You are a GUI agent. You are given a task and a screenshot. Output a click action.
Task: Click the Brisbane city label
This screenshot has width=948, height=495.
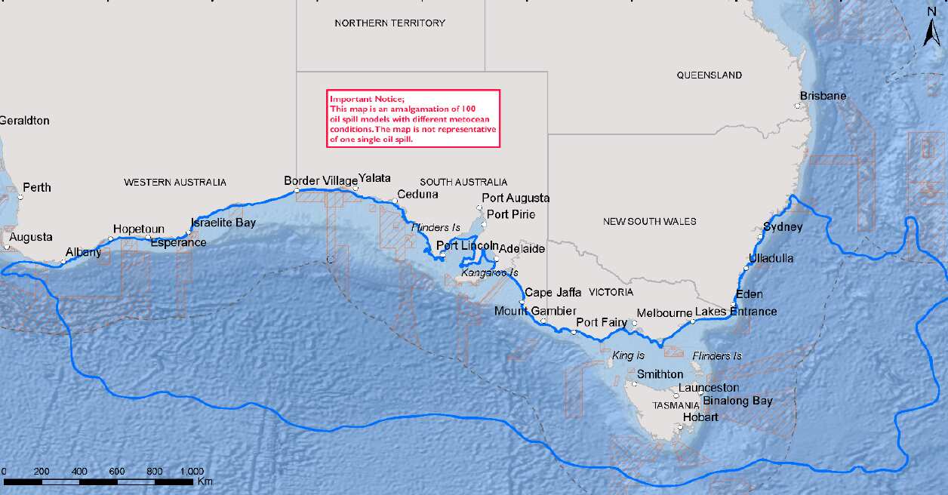[823, 96]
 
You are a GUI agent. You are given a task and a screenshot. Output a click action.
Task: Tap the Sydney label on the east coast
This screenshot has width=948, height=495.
[783, 226]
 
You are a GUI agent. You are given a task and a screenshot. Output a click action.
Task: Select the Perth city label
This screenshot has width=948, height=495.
[37, 187]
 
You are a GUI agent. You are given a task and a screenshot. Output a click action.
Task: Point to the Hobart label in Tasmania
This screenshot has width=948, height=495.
[700, 417]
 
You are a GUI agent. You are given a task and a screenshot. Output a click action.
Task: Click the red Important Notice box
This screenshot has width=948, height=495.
[414, 118]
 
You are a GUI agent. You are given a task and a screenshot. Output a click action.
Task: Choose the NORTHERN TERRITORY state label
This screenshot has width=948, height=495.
[389, 23]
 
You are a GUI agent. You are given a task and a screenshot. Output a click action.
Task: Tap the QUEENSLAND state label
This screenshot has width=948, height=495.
[709, 75]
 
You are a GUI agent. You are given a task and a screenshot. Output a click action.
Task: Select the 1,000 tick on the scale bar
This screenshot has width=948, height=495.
[192, 471]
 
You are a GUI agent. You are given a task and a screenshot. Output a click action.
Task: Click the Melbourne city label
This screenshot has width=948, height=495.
[664, 313]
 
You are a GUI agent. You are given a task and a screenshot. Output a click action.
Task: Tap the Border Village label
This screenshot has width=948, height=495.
[321, 181]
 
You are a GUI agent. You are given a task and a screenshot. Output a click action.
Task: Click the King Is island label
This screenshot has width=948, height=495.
[629, 355]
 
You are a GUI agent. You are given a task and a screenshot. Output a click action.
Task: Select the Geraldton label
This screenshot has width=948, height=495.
[24, 121]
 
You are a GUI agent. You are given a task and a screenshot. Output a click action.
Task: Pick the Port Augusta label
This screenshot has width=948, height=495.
[516, 198]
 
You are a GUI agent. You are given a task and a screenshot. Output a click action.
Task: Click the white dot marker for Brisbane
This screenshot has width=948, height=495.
[797, 106]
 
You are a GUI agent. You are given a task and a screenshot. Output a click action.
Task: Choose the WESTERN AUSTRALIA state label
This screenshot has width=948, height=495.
[175, 183]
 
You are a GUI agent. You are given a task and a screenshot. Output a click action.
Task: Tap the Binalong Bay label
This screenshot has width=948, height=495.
[737, 401]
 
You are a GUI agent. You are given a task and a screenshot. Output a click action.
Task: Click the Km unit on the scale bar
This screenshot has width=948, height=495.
[205, 481]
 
